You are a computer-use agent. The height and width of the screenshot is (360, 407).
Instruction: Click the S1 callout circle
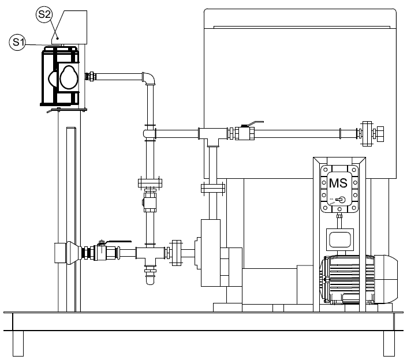[x=17, y=42]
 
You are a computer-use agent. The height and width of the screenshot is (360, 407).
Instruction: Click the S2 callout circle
[x=44, y=14]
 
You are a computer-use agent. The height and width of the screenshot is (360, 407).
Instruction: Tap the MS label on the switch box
[x=338, y=183]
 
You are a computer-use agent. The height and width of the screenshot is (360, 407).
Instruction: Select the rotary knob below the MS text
[x=341, y=200]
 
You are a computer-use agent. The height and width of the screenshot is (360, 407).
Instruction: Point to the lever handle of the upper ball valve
[x=256, y=123]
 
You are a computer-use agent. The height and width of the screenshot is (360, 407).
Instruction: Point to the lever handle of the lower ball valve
[x=118, y=242]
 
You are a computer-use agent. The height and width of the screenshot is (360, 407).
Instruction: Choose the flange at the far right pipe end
[x=367, y=134]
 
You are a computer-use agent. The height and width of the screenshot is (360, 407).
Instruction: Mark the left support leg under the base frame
[x=18, y=343]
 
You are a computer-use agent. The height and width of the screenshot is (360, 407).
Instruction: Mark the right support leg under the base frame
[x=389, y=343]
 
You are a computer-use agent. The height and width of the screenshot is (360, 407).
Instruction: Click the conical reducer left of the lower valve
[x=74, y=253]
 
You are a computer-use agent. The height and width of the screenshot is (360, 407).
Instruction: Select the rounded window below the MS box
[x=340, y=239]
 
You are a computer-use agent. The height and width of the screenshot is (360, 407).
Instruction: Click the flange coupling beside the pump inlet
[x=176, y=253]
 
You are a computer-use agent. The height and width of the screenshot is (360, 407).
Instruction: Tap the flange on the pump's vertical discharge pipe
[x=213, y=188]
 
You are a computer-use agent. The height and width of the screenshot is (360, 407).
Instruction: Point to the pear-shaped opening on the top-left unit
[x=69, y=77]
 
